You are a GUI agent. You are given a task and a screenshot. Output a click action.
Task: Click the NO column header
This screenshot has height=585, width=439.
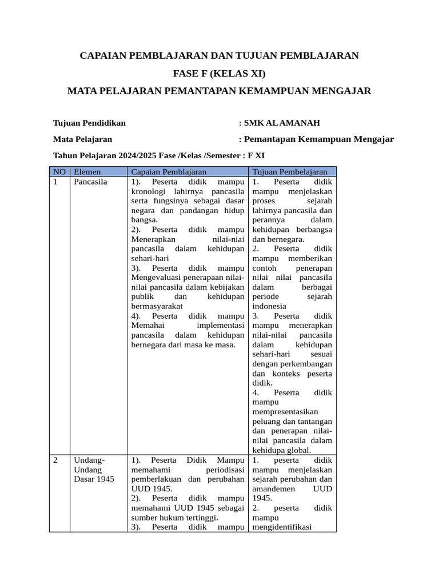[59, 171]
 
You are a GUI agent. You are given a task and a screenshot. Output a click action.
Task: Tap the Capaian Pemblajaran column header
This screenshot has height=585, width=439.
[169, 171]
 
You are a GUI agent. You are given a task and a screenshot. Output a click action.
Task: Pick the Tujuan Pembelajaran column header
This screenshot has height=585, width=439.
[290, 171]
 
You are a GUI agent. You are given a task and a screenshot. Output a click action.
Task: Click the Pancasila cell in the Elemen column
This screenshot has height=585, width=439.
[90, 182]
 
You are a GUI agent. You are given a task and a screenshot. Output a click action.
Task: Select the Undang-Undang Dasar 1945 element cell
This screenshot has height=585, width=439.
[94, 469]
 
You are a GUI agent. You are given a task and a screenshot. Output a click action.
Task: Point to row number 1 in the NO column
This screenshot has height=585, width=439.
[56, 182]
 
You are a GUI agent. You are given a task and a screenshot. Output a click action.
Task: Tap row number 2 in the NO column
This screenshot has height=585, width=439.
[56, 459]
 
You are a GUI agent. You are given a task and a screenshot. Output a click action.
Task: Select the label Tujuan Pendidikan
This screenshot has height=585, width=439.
[89, 123]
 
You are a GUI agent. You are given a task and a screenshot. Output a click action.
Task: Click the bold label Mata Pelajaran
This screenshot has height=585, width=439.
[82, 139]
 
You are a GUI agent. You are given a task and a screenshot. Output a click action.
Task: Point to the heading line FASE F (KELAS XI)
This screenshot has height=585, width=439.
[219, 73]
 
